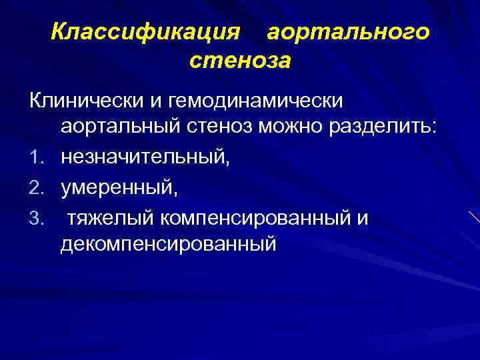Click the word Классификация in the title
coord(145,31)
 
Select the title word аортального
coord(347,31)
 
